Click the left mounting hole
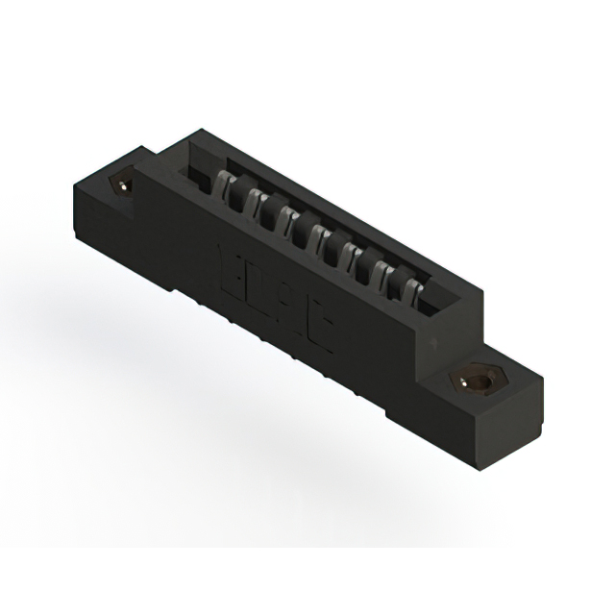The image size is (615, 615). pos(123,183)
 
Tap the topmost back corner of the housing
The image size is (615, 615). pos(200,131)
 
